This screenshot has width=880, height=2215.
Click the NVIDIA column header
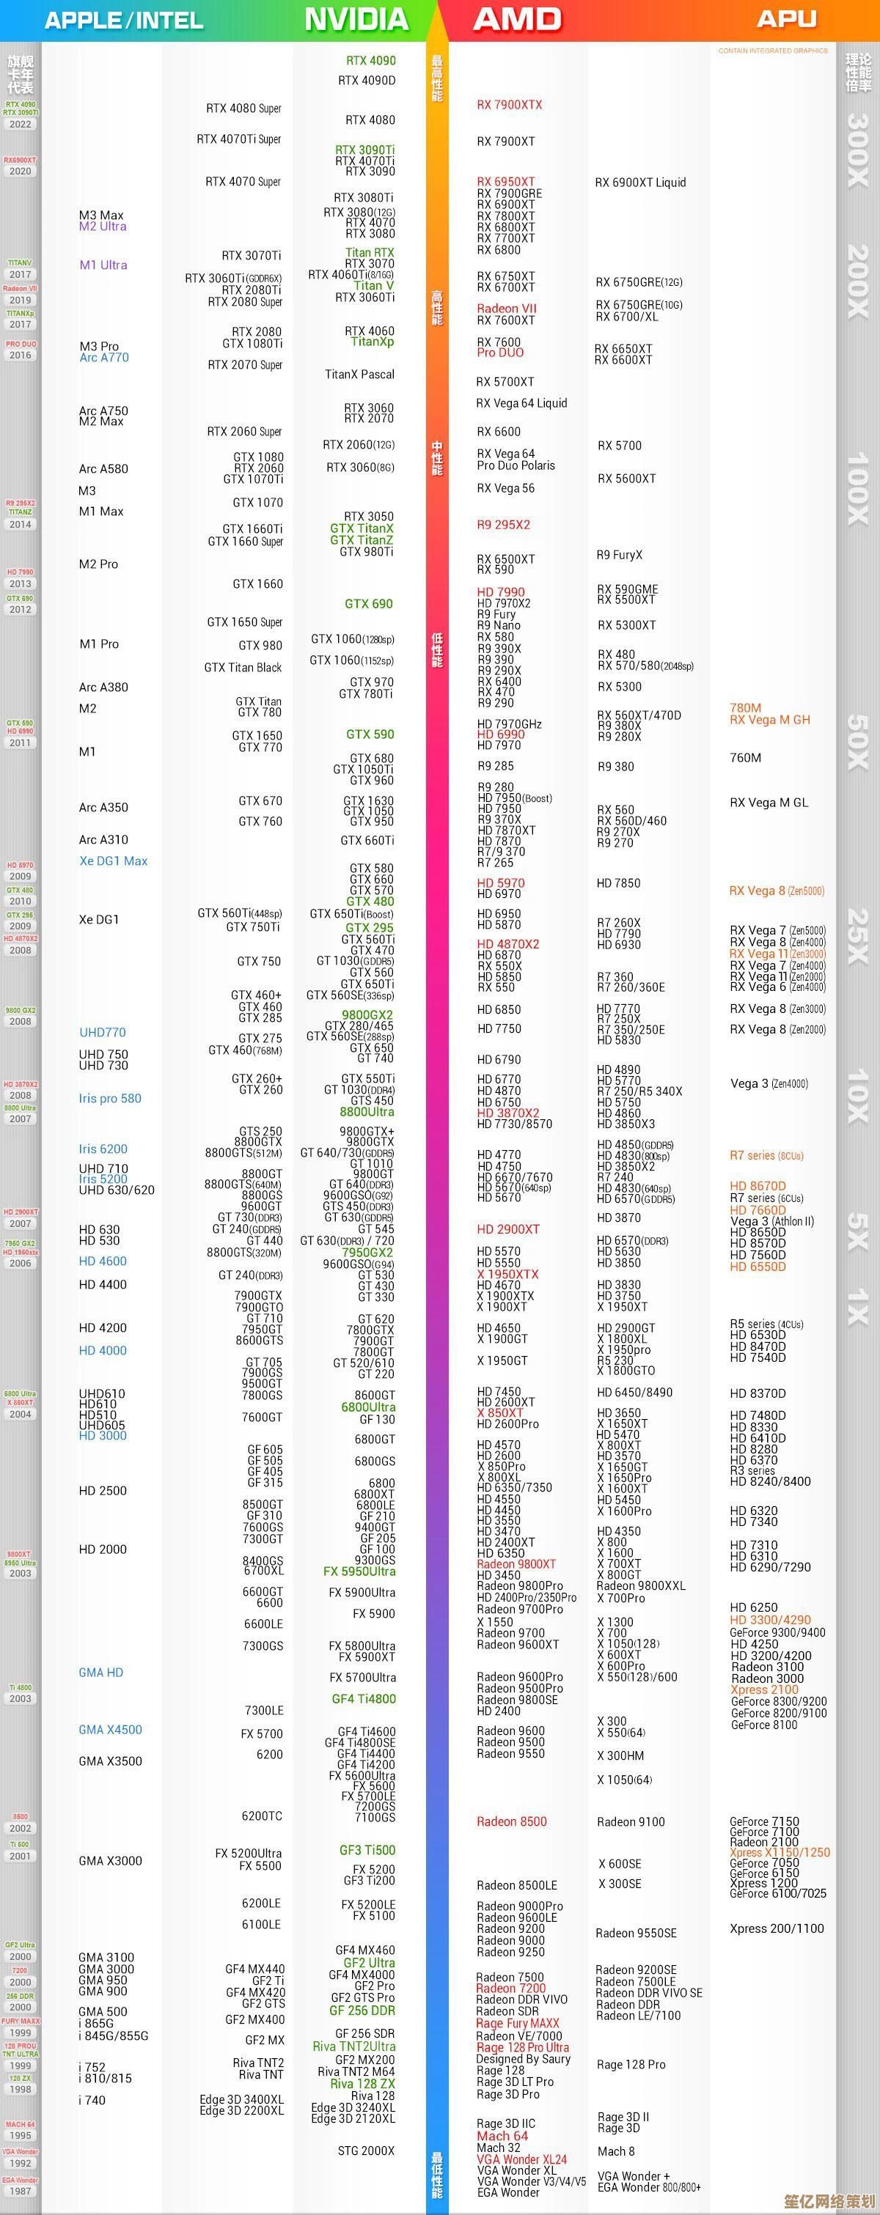pos(356,20)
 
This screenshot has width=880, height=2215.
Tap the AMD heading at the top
pos(517,20)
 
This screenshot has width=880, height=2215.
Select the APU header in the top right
pos(786,20)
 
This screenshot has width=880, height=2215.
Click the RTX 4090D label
pos(367,81)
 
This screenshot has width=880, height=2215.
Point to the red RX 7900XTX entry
pos(509,105)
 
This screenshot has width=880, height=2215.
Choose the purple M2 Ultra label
pos(103,226)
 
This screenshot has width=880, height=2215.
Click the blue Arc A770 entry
pos(104,358)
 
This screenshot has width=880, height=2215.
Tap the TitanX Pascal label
pos(359,374)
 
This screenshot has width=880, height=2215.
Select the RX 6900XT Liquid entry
pos(640,183)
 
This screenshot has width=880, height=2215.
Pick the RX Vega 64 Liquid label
pos(521,402)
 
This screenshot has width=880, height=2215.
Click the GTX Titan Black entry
pos(243,667)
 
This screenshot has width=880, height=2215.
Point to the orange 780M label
pos(745,707)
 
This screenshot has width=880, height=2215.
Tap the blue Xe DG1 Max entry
pos(113,860)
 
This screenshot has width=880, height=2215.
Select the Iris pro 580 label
pos(110,1098)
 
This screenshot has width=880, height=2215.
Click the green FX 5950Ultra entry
pos(359,1571)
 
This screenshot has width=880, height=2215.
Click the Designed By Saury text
pos(523,2058)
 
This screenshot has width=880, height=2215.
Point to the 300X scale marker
pos(858,150)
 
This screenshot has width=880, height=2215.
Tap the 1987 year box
pos(20,2191)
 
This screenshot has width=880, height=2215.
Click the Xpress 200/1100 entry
pos(776,1928)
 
